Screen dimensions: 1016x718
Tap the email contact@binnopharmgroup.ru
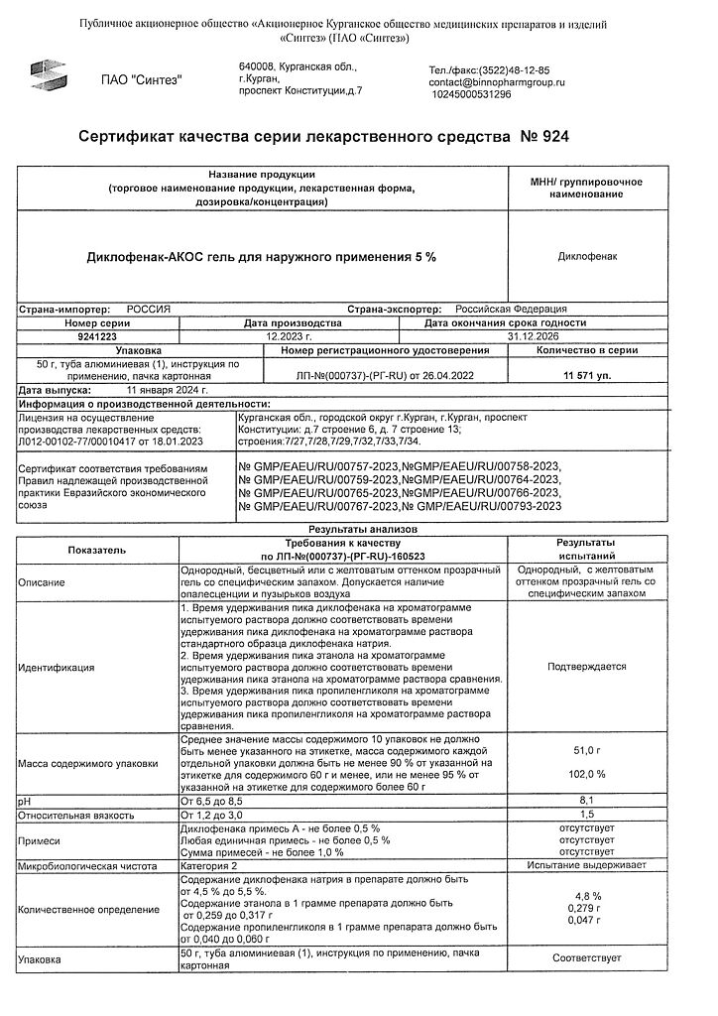coord(496,82)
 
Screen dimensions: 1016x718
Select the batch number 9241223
coord(96,336)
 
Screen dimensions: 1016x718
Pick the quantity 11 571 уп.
coord(587,377)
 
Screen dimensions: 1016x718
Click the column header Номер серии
coord(96,322)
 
